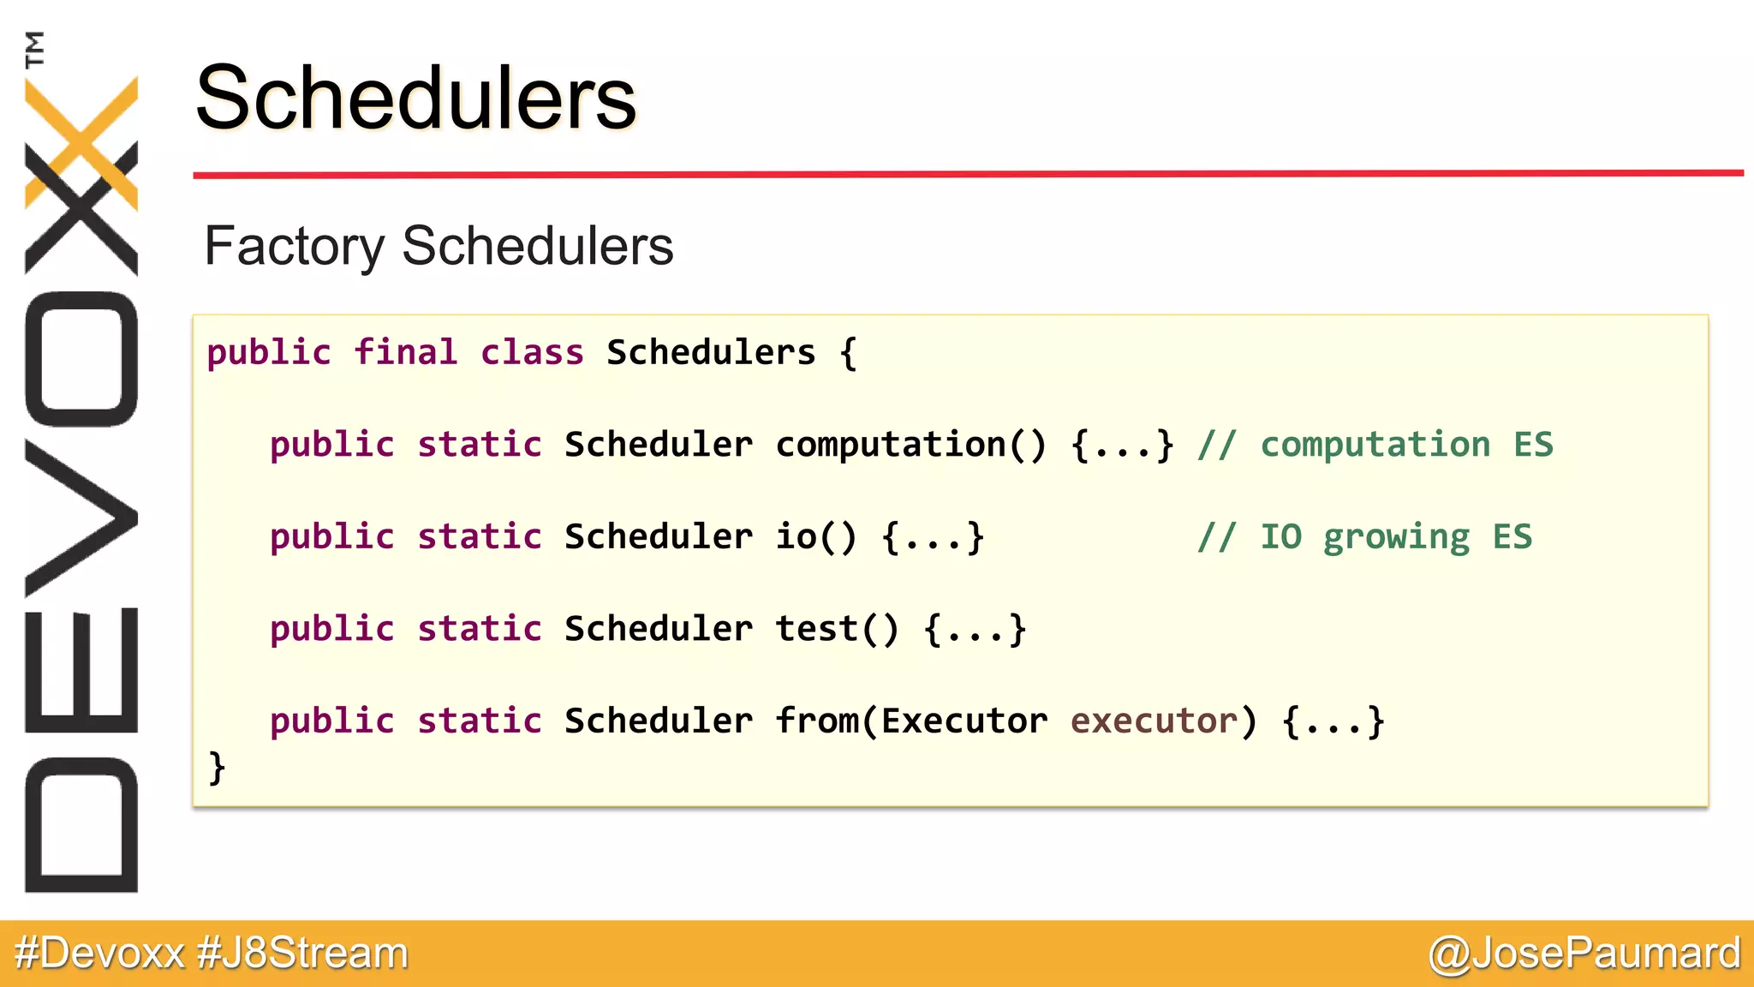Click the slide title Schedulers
click(x=416, y=99)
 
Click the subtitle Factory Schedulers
click(x=438, y=246)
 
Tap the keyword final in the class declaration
click(x=405, y=353)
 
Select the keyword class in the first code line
click(x=532, y=353)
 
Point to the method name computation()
click(x=910, y=445)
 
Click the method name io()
click(x=816, y=537)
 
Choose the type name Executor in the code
click(x=964, y=721)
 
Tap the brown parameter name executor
click(x=1154, y=721)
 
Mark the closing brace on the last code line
click(x=218, y=767)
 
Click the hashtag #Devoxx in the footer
click(x=99, y=953)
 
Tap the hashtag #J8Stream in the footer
click(x=302, y=953)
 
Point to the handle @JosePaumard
click(x=1584, y=953)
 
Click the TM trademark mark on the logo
click(x=35, y=49)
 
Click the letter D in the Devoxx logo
click(x=81, y=824)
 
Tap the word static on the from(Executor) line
click(x=480, y=721)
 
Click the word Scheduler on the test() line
click(x=659, y=629)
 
